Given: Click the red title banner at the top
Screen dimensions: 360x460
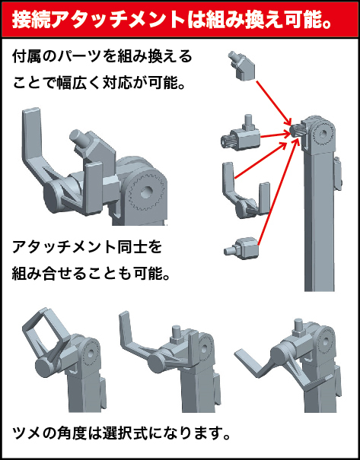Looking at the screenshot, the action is tap(180, 20).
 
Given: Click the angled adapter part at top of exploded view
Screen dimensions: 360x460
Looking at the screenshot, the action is tap(241, 66).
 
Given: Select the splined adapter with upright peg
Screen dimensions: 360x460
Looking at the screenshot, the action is tap(241, 134).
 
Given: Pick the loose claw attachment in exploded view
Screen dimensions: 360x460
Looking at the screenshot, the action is tap(245, 191).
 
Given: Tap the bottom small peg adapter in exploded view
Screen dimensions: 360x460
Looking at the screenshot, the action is tap(241, 248).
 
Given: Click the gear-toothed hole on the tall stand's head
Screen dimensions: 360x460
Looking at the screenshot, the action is tap(323, 135).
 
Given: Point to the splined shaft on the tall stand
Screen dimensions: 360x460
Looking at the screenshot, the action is tap(296, 130).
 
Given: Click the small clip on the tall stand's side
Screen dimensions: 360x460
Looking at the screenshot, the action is tap(338, 173).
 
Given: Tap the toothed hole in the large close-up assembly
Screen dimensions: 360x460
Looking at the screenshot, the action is tap(146, 192).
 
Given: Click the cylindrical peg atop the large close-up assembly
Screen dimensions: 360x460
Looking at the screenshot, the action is tap(78, 138).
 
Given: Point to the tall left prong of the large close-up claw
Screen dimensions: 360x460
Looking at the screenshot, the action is tap(33, 138).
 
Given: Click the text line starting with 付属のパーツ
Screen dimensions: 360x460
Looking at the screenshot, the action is tap(102, 56).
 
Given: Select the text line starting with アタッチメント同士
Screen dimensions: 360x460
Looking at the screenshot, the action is tap(87, 248).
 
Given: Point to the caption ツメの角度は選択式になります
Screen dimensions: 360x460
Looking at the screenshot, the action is tap(121, 434).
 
